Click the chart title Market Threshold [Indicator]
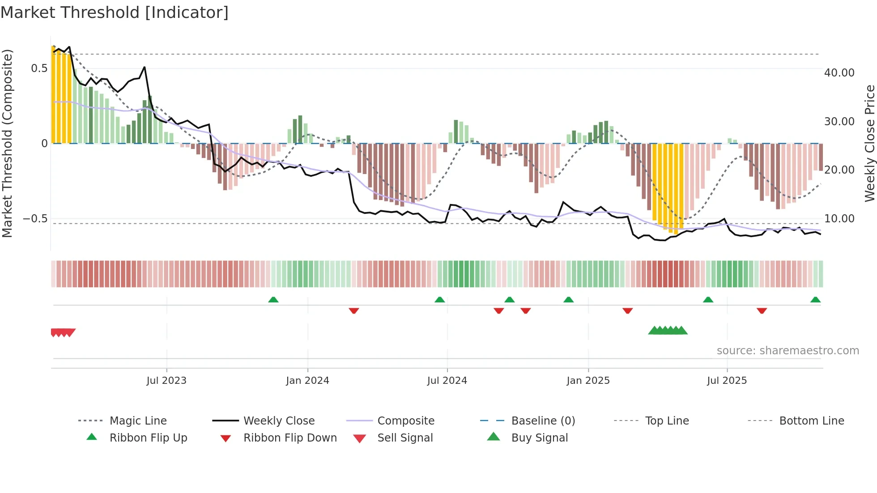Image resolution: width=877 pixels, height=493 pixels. (x=115, y=13)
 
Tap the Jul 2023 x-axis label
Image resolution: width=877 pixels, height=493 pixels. (x=166, y=381)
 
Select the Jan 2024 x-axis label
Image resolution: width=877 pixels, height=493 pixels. (x=307, y=381)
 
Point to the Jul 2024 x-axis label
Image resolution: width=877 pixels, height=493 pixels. (x=447, y=381)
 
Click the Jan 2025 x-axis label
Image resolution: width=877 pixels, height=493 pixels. (x=588, y=381)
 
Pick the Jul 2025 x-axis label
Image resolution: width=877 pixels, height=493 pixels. (x=727, y=381)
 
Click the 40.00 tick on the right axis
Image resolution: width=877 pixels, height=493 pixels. (x=839, y=73)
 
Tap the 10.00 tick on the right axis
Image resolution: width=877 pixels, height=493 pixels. (x=839, y=219)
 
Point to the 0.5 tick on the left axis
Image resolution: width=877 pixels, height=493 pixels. (x=39, y=68)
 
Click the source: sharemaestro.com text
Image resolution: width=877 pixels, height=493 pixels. (x=788, y=351)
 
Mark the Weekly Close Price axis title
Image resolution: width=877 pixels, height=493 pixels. (x=869, y=143)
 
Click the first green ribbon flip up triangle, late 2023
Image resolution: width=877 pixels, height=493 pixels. (x=273, y=300)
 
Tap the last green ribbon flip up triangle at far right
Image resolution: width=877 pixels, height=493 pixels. (x=815, y=300)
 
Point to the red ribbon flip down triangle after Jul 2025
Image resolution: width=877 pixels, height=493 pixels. (x=762, y=310)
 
